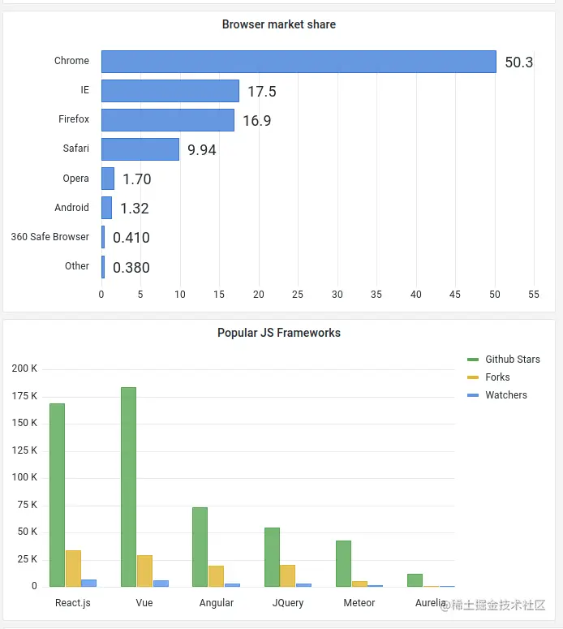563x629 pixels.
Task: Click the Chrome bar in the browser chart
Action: coord(299,62)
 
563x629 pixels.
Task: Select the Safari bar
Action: coord(140,149)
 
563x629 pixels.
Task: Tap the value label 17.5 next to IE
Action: coord(261,92)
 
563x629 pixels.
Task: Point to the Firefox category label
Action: coord(74,119)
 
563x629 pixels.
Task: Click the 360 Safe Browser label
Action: coord(50,237)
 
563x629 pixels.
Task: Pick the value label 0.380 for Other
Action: coord(131,268)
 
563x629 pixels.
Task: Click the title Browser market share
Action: coord(279,24)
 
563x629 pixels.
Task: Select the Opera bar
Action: coord(108,179)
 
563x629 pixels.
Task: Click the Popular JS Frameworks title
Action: coord(279,333)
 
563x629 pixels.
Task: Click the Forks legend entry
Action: coord(497,377)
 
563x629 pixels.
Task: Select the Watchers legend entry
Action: coord(505,395)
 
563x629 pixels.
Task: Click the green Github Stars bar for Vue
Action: coord(128,487)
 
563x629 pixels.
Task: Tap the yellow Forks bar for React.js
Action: coord(73,568)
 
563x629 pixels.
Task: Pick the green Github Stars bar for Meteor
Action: coord(343,563)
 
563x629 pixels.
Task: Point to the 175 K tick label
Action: coord(24,396)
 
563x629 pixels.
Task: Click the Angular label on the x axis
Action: coord(216,603)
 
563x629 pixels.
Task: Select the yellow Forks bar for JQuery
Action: coord(287,575)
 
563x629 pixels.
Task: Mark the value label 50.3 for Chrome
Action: coord(518,62)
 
